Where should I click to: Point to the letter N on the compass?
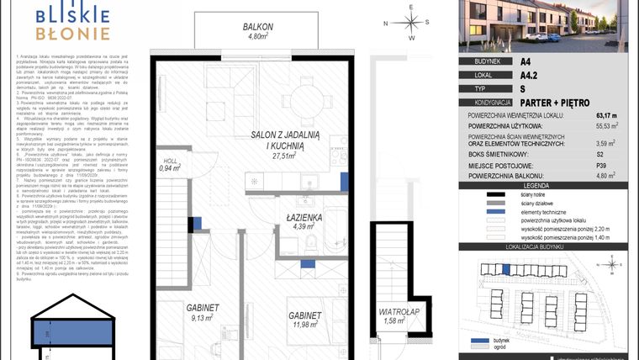click(385, 24)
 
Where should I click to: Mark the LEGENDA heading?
click(548, 184)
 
